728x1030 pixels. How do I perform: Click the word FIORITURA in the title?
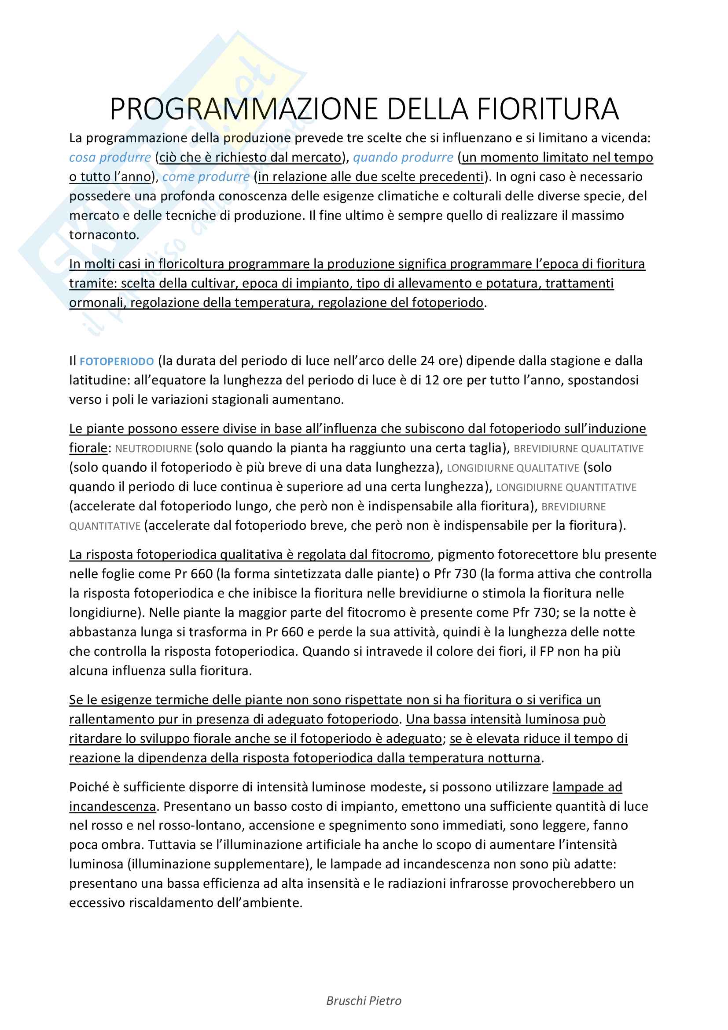(548, 109)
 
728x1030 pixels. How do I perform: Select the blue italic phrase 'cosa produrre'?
(110, 158)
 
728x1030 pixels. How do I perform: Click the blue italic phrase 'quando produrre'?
(403, 158)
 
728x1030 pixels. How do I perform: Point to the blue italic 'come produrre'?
(206, 177)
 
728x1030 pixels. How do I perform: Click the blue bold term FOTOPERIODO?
(117, 362)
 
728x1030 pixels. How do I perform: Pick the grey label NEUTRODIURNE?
(153, 449)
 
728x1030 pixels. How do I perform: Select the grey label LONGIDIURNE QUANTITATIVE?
(566, 487)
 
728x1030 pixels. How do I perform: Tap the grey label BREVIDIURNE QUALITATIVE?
(578, 449)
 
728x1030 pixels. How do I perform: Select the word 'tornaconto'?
(103, 235)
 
